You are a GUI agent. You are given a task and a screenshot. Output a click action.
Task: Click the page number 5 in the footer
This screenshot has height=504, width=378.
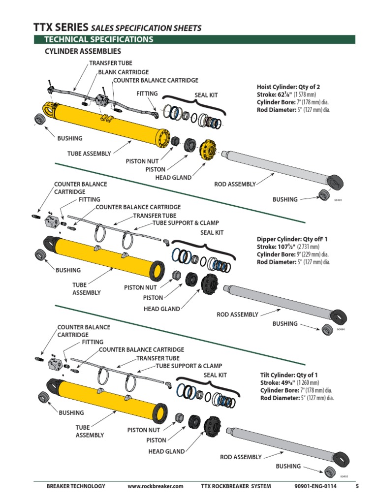(x=357, y=486)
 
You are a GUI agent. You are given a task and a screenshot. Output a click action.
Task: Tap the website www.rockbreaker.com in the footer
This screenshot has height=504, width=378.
(x=155, y=486)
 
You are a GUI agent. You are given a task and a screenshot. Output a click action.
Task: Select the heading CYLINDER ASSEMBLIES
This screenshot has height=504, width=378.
(x=83, y=51)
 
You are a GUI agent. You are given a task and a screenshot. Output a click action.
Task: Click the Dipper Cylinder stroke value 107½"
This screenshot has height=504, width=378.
(x=285, y=247)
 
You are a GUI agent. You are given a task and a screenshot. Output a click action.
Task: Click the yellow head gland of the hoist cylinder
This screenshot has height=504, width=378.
(x=210, y=148)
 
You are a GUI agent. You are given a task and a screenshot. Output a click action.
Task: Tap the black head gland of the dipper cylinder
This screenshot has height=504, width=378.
(x=210, y=283)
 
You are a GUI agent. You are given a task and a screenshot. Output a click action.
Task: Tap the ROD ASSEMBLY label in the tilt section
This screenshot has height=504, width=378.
(x=241, y=457)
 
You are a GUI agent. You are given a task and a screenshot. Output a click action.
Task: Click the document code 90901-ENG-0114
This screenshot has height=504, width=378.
(x=316, y=486)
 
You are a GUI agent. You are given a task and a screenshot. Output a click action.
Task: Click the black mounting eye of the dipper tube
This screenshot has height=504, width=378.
(x=51, y=242)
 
